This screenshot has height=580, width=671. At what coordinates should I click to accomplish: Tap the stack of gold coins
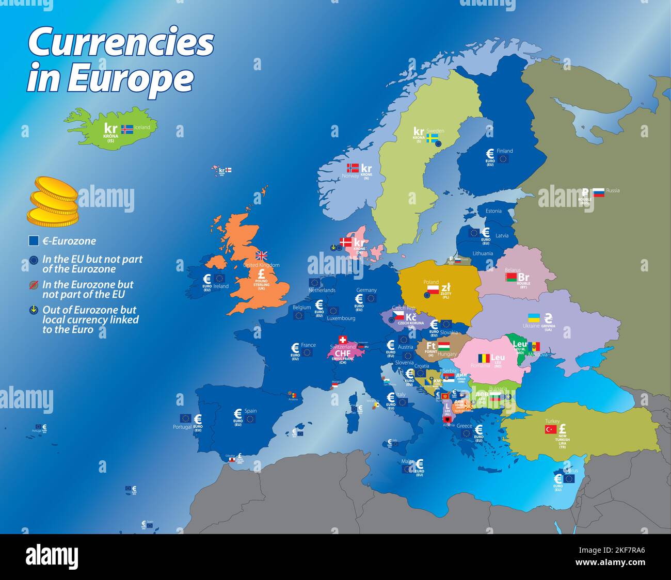[x=53, y=201]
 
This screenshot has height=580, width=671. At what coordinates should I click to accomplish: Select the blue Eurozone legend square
[x=34, y=241]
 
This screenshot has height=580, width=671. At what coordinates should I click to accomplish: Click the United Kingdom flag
[x=262, y=255]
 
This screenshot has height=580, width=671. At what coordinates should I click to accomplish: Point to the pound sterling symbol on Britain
[x=261, y=273]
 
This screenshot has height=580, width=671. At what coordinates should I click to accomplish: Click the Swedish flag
[x=432, y=138]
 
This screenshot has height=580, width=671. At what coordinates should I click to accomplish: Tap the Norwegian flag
[x=353, y=168]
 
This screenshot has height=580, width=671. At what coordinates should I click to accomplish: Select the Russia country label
[x=613, y=190]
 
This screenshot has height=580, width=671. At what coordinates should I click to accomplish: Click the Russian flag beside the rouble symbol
[x=598, y=193]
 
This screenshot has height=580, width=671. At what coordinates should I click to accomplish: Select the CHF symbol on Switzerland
[x=343, y=353]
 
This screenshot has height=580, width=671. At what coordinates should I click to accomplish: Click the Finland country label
[x=505, y=151]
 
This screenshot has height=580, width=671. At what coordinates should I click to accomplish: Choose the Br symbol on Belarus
[x=523, y=278]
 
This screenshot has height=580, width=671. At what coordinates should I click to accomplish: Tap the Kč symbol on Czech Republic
[x=411, y=317]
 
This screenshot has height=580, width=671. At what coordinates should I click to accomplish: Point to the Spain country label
[x=250, y=411]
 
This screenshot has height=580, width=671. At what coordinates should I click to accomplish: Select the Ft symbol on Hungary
[x=431, y=346]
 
